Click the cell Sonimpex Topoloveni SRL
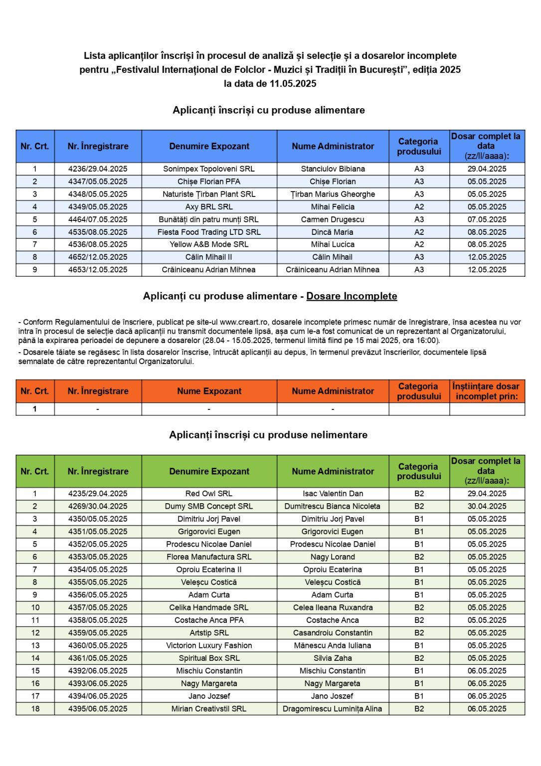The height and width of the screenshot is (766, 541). pyautogui.click(x=209, y=169)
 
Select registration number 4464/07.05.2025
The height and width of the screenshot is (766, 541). pyautogui.click(x=98, y=219)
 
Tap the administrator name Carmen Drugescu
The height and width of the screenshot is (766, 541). pyautogui.click(x=333, y=219)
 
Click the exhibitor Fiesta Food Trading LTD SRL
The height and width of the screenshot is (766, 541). pyautogui.click(x=209, y=232)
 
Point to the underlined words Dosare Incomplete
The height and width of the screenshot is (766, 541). pyautogui.click(x=352, y=296)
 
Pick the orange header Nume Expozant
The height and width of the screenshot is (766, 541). pyautogui.click(x=209, y=391)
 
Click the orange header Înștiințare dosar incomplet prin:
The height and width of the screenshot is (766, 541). pyautogui.click(x=486, y=391)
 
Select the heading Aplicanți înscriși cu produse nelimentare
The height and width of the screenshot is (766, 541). pyautogui.click(x=268, y=435)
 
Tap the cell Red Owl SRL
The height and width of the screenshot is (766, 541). pyautogui.click(x=209, y=494)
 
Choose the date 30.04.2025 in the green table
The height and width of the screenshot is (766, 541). pyautogui.click(x=487, y=506)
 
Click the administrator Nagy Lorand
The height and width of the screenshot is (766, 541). pyautogui.click(x=333, y=557)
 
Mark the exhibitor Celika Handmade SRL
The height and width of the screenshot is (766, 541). pyautogui.click(x=209, y=607)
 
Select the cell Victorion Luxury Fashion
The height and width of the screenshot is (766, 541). pyautogui.click(x=209, y=645)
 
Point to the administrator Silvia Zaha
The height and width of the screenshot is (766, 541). pyautogui.click(x=333, y=658)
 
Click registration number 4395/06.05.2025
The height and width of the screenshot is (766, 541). pyautogui.click(x=98, y=709)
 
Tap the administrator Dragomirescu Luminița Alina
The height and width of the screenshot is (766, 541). pyautogui.click(x=333, y=709)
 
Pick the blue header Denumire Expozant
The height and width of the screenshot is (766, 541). pyautogui.click(x=209, y=147)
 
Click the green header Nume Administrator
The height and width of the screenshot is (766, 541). pyautogui.click(x=333, y=471)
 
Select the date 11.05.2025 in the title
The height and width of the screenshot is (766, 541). pyautogui.click(x=293, y=84)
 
